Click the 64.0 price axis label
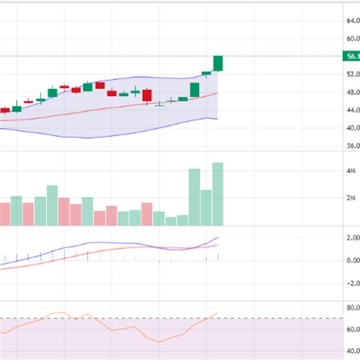coord(353,21)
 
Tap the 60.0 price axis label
coord(353,39)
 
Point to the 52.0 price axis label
coord(353,75)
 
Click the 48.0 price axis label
coord(353,93)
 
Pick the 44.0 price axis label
coord(353,110)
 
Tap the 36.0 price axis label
coord(353,146)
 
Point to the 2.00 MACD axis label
coord(352,238)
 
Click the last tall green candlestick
coord(218,63)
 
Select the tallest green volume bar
coord(218,194)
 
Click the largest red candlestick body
coord(147,95)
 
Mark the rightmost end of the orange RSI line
coord(218,313)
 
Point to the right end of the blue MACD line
coord(218,238)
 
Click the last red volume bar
coord(147,214)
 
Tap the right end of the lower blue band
coord(217,119)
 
